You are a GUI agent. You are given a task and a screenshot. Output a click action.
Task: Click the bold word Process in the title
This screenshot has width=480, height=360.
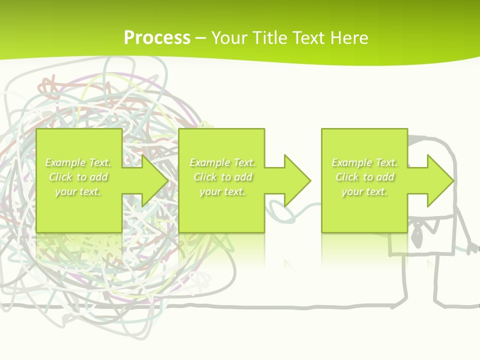coord(157,38)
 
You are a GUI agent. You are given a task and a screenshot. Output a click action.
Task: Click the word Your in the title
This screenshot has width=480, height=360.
coord(228,38)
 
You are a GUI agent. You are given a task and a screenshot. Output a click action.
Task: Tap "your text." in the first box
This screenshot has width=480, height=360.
coord(78,191)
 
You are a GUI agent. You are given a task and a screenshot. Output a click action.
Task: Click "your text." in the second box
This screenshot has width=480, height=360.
coord(222,191)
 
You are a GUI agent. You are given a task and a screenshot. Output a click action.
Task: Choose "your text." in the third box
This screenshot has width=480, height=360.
coord(364,191)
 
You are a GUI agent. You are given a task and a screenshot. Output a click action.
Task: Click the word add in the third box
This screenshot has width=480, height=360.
coord(385,177)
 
